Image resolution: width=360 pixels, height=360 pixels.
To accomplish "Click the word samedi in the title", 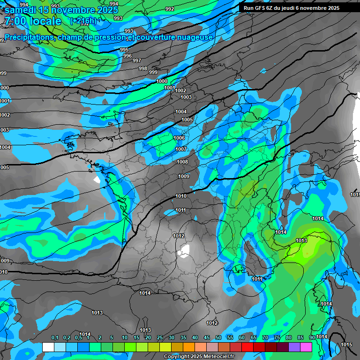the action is pos(21,9).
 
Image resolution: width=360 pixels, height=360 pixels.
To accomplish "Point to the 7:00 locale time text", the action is pos(33,21).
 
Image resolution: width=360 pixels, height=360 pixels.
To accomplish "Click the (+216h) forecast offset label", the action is pos(83,21).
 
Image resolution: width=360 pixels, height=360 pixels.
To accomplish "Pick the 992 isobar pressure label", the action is pos(170,9).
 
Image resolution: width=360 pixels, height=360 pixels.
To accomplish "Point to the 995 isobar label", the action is pos(124,50).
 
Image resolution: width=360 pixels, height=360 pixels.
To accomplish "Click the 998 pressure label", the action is pos(143,68).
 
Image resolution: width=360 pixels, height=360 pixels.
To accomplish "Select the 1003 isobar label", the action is pos(186,97).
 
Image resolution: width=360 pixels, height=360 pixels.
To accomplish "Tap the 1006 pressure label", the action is pos(179,138).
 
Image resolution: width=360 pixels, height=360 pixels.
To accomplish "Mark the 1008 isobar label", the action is pos(182,162).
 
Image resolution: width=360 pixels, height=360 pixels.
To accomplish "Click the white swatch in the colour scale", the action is pos(48,347).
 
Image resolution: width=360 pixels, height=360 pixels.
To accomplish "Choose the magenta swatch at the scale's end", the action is pos(306,347).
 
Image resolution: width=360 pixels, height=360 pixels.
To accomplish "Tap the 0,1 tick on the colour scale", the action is pos(54,338).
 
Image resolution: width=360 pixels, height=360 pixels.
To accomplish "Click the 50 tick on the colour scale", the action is pos(218,338).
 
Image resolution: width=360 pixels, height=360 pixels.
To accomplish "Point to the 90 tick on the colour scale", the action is pos(312,338).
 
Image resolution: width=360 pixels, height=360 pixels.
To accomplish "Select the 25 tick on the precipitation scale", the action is pos(160,338).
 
